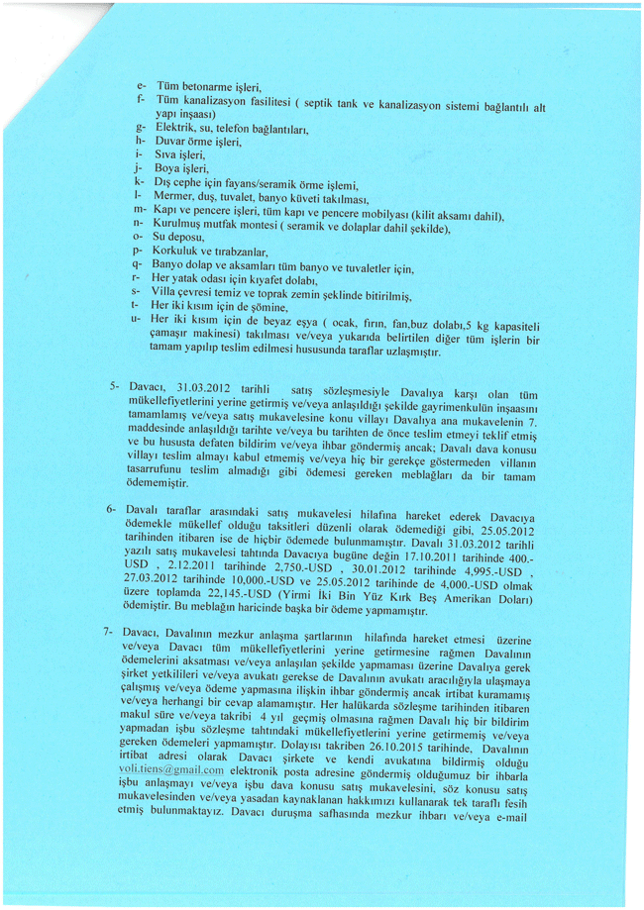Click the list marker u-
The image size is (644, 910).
point(135,320)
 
